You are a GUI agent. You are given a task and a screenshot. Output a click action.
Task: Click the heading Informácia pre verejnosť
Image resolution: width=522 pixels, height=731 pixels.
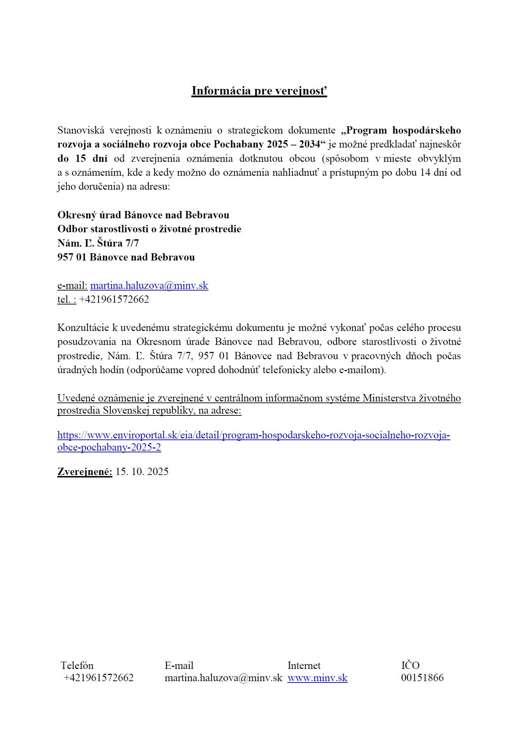coord(259,91)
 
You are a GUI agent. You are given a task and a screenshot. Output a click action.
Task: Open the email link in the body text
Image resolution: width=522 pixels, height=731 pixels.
coord(149,285)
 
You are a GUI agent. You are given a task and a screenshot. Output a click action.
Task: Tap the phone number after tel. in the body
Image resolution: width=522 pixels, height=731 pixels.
coord(114,299)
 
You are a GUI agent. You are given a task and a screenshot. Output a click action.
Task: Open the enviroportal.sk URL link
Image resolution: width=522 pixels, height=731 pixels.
coord(253,435)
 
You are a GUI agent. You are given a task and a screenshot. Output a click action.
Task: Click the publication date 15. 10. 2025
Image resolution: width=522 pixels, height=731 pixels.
coord(142,472)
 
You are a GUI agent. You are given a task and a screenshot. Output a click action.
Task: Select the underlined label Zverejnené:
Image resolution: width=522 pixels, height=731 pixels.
coord(85,472)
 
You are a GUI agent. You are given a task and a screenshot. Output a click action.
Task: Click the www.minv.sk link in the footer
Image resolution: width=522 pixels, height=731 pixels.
coord(317,678)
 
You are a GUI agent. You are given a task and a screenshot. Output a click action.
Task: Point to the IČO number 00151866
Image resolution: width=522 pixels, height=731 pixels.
coord(422,678)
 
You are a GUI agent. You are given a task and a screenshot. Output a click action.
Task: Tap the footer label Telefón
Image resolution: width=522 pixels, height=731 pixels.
coord(77,665)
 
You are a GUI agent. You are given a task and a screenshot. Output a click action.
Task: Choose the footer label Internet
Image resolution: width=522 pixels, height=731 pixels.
coord(304,665)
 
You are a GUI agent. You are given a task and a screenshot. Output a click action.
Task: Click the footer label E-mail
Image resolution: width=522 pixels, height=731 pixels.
coord(179,665)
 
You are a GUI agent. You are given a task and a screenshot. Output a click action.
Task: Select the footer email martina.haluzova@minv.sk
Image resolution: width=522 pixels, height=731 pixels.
coord(223,678)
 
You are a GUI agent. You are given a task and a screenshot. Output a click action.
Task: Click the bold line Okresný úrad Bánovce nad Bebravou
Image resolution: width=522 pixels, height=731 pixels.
coord(143,215)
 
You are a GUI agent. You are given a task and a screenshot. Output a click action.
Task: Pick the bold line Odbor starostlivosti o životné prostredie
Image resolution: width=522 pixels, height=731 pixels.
coord(149,229)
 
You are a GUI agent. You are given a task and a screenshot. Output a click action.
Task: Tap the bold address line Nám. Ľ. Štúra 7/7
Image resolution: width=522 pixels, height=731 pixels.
coord(98,243)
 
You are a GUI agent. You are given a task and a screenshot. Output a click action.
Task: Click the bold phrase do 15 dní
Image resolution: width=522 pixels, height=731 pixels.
coord(82,158)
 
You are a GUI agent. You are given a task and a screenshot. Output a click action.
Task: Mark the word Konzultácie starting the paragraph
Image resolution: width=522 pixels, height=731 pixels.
coord(83,327)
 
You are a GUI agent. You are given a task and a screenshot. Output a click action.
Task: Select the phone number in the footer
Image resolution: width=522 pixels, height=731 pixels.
coord(98,678)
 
